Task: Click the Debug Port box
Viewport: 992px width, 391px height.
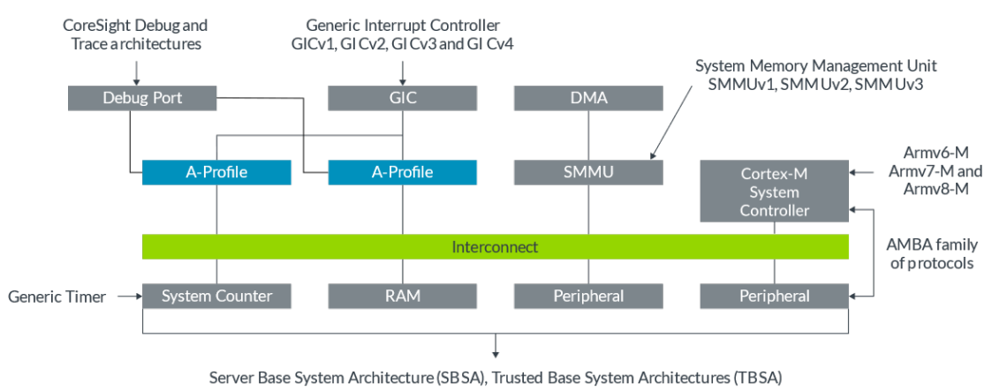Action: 141,98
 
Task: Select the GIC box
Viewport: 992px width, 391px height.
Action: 403,98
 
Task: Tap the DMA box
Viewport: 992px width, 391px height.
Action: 588,98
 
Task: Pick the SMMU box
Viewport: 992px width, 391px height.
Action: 588,172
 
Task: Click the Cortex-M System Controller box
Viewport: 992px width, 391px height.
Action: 775,192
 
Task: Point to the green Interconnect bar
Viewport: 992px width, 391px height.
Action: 495,247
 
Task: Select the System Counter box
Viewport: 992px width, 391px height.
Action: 216,296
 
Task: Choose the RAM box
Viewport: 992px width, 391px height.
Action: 403,296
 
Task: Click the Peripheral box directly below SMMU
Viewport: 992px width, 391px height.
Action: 588,296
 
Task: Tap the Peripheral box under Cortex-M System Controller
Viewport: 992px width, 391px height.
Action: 775,296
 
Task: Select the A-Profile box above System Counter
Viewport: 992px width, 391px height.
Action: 216,172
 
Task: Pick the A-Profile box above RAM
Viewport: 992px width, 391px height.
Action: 403,172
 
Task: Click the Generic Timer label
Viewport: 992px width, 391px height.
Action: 57,297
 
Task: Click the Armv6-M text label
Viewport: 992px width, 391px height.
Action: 931,154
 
